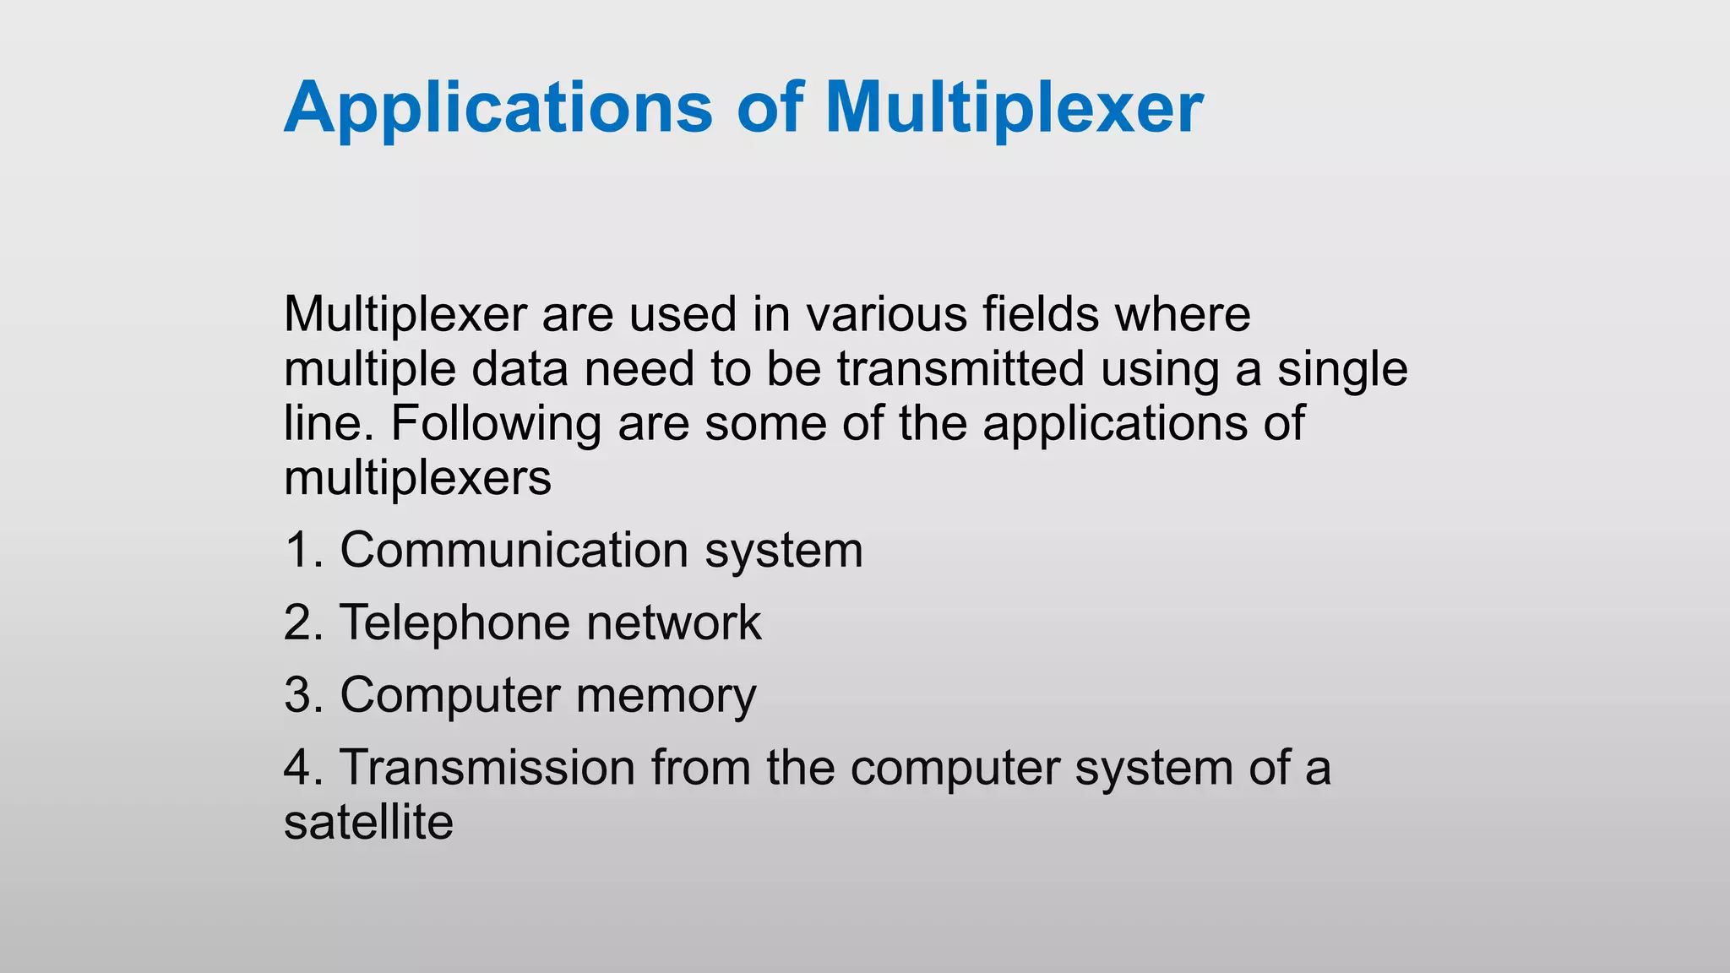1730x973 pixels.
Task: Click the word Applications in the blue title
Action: [x=498, y=108]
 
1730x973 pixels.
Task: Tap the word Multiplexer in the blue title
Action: [x=1014, y=108]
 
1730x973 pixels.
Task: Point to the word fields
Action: [x=1041, y=314]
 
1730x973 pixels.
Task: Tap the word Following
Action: [x=495, y=423]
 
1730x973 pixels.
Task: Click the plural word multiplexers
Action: [x=417, y=478]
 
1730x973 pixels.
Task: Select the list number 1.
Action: [x=302, y=550]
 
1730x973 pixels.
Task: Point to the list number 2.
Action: [x=302, y=622]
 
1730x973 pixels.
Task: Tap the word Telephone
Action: [x=455, y=622]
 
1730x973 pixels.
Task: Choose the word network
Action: [x=673, y=622]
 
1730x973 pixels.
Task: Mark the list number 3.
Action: [x=302, y=695]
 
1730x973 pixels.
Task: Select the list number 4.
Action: [x=302, y=768]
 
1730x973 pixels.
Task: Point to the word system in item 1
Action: [x=783, y=550]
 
